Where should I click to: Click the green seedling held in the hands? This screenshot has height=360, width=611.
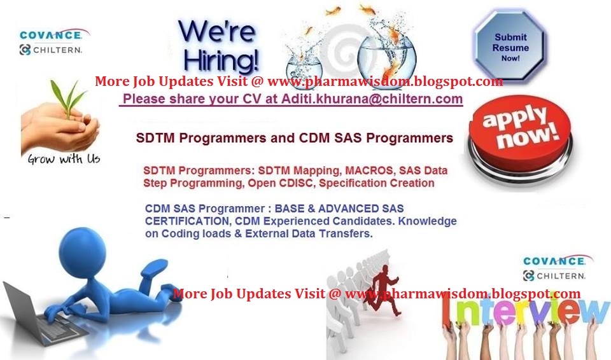point(71,102)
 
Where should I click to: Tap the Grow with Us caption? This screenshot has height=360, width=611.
point(64,159)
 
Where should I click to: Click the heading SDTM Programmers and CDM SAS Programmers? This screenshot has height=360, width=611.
point(294,138)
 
